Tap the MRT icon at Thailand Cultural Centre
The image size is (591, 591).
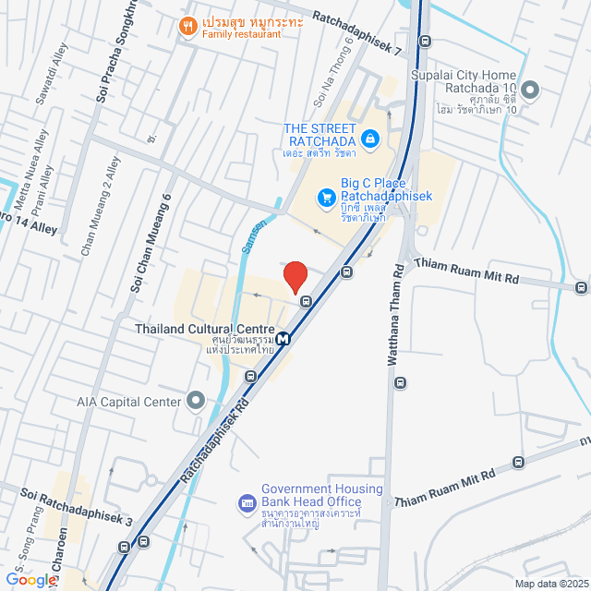pyautogui.click(x=283, y=338)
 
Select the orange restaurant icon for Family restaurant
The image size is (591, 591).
pyautogui.click(x=187, y=26)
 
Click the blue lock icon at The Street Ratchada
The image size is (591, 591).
pyautogui.click(x=369, y=139)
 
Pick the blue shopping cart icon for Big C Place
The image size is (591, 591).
pyautogui.click(x=325, y=197)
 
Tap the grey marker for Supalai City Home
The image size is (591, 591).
pyautogui.click(x=530, y=90)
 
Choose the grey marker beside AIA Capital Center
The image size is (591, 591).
pyautogui.click(x=196, y=400)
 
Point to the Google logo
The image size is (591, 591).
pyautogui.click(x=30, y=579)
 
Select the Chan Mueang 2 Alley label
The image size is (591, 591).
pyautogui.click(x=101, y=205)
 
